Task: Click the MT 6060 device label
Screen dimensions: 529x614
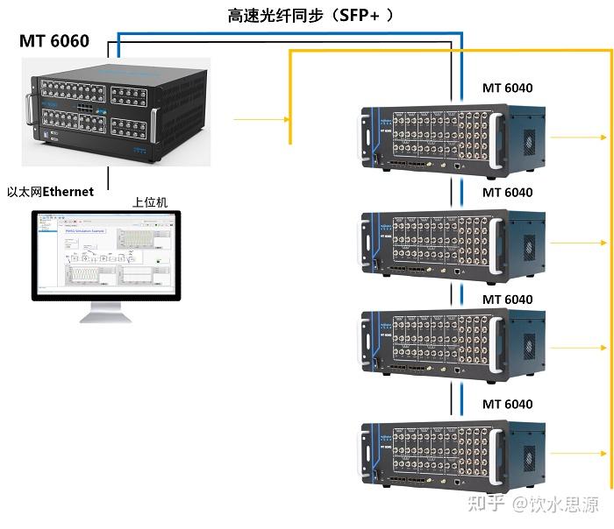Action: click(x=54, y=40)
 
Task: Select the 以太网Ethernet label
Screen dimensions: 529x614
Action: click(x=50, y=192)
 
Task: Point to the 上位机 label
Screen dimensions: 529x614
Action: click(x=150, y=202)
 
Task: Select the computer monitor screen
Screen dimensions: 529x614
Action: click(x=106, y=254)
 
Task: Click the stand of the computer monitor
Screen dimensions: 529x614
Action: click(x=105, y=311)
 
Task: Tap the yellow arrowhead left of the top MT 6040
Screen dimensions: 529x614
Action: click(x=286, y=118)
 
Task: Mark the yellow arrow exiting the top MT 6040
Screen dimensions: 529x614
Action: click(x=579, y=137)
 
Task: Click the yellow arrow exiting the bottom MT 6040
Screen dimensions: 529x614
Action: click(x=579, y=454)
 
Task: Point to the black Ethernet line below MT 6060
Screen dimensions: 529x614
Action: click(x=109, y=179)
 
